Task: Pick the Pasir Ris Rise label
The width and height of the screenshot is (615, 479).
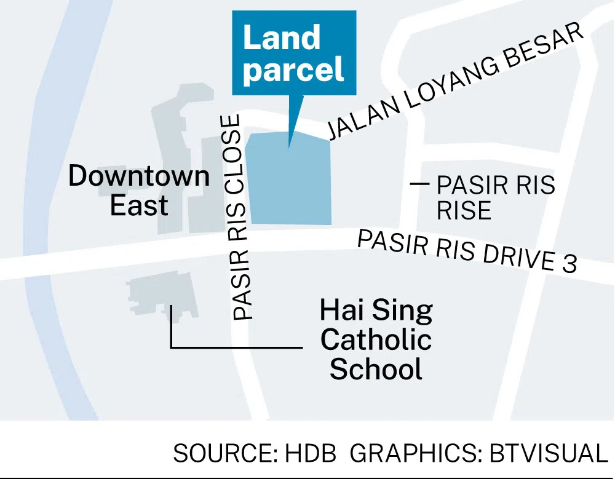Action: (x=495, y=197)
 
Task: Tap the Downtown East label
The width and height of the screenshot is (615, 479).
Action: (x=139, y=191)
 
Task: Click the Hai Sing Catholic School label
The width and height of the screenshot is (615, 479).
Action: (x=376, y=340)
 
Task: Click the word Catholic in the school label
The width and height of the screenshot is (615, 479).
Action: (x=376, y=340)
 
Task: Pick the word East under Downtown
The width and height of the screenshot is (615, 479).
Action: (x=139, y=206)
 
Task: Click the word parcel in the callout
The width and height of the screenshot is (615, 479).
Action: (x=294, y=70)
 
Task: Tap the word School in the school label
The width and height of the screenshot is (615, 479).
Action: (x=376, y=370)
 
